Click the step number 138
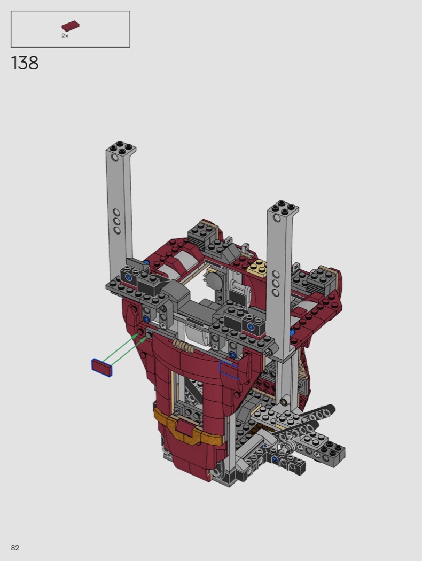(25, 63)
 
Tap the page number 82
(15, 548)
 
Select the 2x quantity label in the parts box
(65, 36)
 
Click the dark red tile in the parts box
(71, 26)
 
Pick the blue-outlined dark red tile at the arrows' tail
(102, 367)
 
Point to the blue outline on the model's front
(229, 369)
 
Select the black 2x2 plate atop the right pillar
(284, 207)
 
